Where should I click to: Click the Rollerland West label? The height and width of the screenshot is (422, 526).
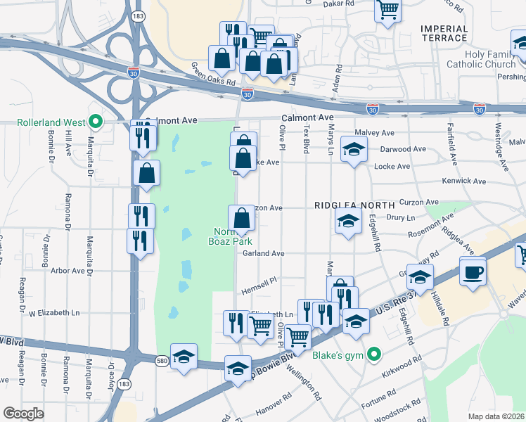click(49, 122)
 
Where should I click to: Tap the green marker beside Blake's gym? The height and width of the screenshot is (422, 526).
click(374, 354)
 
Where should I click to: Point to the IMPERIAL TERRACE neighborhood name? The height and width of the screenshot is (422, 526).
click(444, 33)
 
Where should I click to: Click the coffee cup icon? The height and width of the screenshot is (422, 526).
click(473, 270)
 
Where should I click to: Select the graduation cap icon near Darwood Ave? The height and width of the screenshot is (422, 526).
click(354, 148)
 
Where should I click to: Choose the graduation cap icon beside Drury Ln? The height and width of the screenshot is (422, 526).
click(348, 220)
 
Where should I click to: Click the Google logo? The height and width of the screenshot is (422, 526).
click(23, 413)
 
